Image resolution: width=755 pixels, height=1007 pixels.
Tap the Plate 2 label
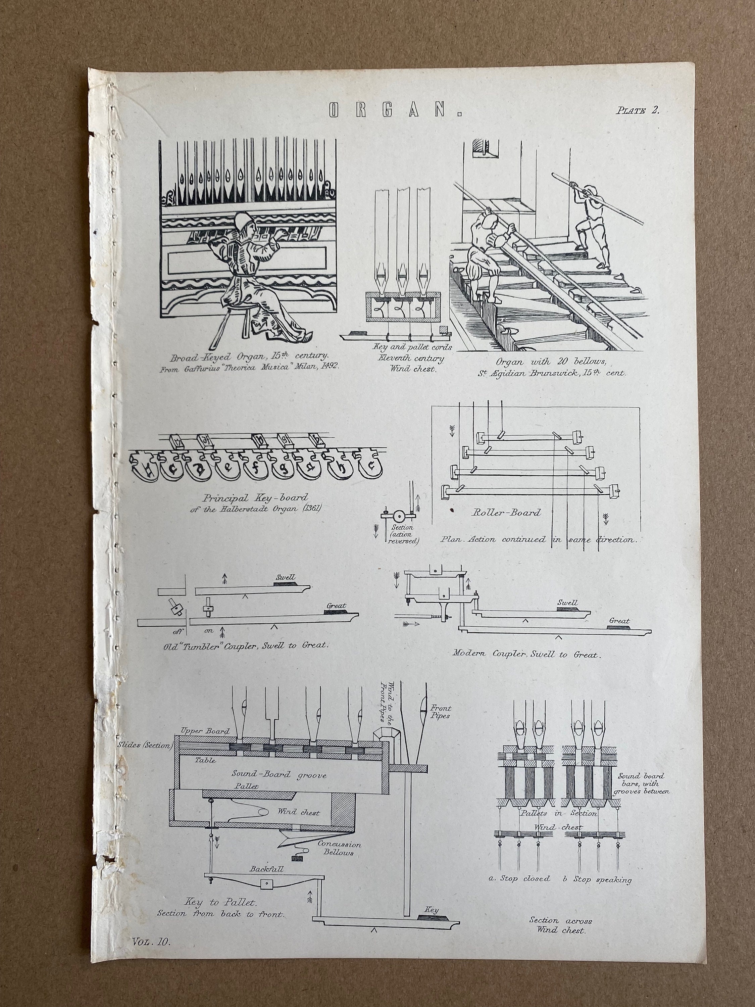[x=638, y=110]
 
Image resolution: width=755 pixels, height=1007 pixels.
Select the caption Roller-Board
[x=506, y=513]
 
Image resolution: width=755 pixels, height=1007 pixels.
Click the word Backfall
[x=266, y=869]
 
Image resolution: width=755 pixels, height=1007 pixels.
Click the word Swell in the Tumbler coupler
[x=285, y=577]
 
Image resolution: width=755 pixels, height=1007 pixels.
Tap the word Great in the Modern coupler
[x=619, y=621]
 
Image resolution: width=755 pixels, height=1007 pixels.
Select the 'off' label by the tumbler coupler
[x=178, y=631]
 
